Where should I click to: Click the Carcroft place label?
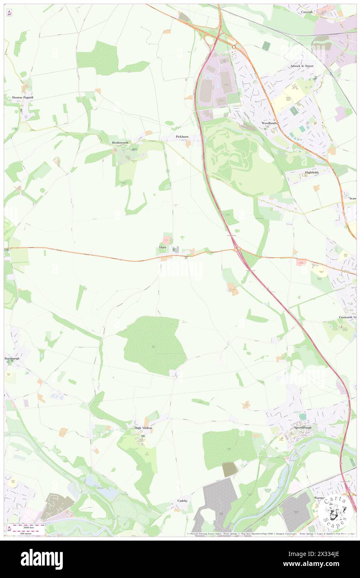pyautogui.click(x=309, y=12)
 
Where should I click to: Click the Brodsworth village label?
pyautogui.click(x=120, y=143)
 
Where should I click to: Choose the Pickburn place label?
pyautogui.click(x=182, y=136)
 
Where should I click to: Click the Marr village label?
pyautogui.click(x=163, y=247)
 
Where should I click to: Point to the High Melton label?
pyautogui.click(x=143, y=428)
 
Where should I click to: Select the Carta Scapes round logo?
pyautogui.click(x=334, y=511)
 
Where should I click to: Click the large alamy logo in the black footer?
pyautogui.click(x=42, y=559)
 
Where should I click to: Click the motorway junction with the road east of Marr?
pyautogui.click(x=237, y=249)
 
